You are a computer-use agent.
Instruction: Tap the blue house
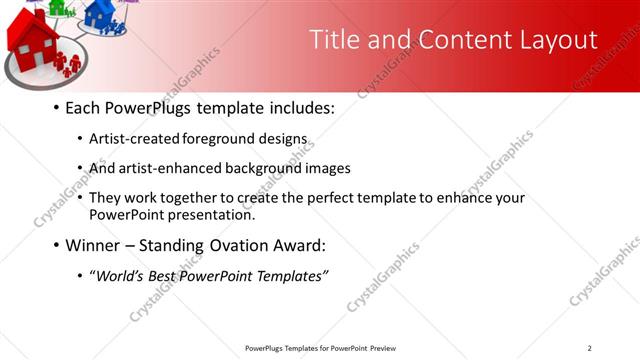(100, 13)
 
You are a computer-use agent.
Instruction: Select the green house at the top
(63, 7)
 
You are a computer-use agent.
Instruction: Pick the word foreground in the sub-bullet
(238, 139)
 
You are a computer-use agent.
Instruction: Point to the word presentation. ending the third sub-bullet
(213, 214)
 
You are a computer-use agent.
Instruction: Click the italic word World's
(118, 276)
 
